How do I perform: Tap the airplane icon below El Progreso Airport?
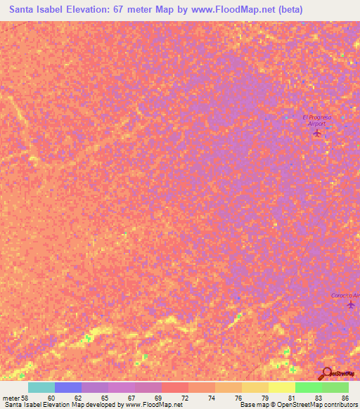316,133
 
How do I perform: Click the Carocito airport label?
347,295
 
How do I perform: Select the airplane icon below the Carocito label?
350,305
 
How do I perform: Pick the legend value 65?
103,398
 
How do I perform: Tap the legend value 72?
184,398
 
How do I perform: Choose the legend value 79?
265,398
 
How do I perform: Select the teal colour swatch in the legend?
41,387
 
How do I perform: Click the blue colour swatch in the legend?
68,387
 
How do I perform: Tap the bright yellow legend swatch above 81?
282,387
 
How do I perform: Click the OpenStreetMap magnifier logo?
327,373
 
